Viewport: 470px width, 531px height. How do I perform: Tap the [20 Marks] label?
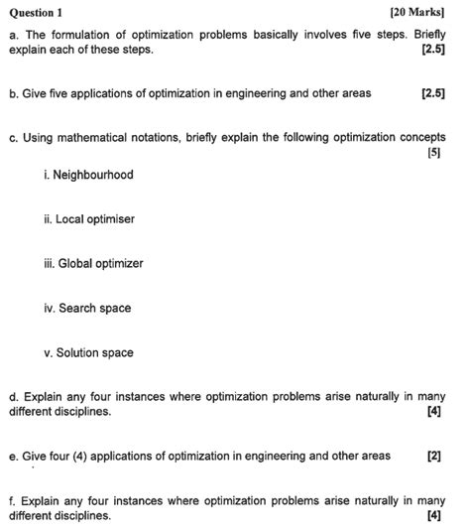[417, 12]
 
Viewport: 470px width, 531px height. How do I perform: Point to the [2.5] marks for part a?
[432, 49]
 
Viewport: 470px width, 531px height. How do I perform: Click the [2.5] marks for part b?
[432, 93]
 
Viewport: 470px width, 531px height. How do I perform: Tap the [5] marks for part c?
[433, 153]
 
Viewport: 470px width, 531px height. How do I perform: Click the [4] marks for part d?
[433, 411]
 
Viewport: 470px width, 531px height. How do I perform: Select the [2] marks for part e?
[433, 456]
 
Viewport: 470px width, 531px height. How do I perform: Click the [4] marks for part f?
[433, 515]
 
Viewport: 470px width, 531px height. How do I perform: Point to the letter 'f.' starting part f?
[12, 501]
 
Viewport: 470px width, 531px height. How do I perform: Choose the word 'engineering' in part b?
[248, 93]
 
